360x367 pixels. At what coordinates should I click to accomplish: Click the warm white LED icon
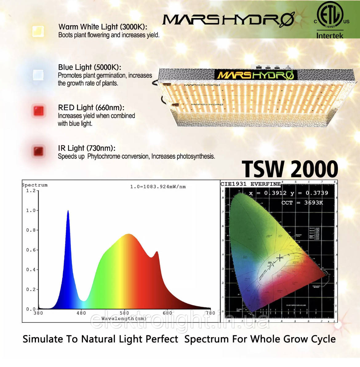click(38, 31)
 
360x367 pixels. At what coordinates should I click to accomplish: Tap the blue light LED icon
click(38, 75)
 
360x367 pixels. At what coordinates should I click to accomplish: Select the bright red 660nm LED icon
click(38, 111)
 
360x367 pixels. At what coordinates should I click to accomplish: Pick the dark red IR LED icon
click(38, 151)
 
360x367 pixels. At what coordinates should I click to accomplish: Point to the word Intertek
click(330, 36)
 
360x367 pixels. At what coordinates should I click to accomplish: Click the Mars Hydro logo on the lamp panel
click(256, 75)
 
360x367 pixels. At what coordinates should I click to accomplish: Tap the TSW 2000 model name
click(290, 169)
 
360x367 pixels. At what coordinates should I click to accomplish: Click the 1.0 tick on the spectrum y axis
click(31, 211)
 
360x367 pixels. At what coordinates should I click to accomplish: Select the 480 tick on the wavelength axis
click(81, 313)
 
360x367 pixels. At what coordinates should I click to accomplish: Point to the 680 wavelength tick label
click(167, 313)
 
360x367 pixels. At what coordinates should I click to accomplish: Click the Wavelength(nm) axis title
click(124, 319)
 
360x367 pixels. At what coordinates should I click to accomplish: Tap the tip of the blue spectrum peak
click(68, 211)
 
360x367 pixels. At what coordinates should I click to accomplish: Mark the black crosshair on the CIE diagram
click(279, 258)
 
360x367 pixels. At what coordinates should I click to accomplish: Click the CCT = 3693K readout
click(302, 203)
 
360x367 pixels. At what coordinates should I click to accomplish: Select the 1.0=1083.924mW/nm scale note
click(158, 187)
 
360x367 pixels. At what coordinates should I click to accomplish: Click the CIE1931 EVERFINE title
click(250, 184)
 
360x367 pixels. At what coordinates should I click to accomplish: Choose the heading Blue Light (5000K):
click(90, 67)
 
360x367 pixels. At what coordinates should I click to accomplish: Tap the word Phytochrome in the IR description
click(103, 156)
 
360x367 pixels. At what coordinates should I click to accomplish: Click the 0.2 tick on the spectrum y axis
click(31, 290)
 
